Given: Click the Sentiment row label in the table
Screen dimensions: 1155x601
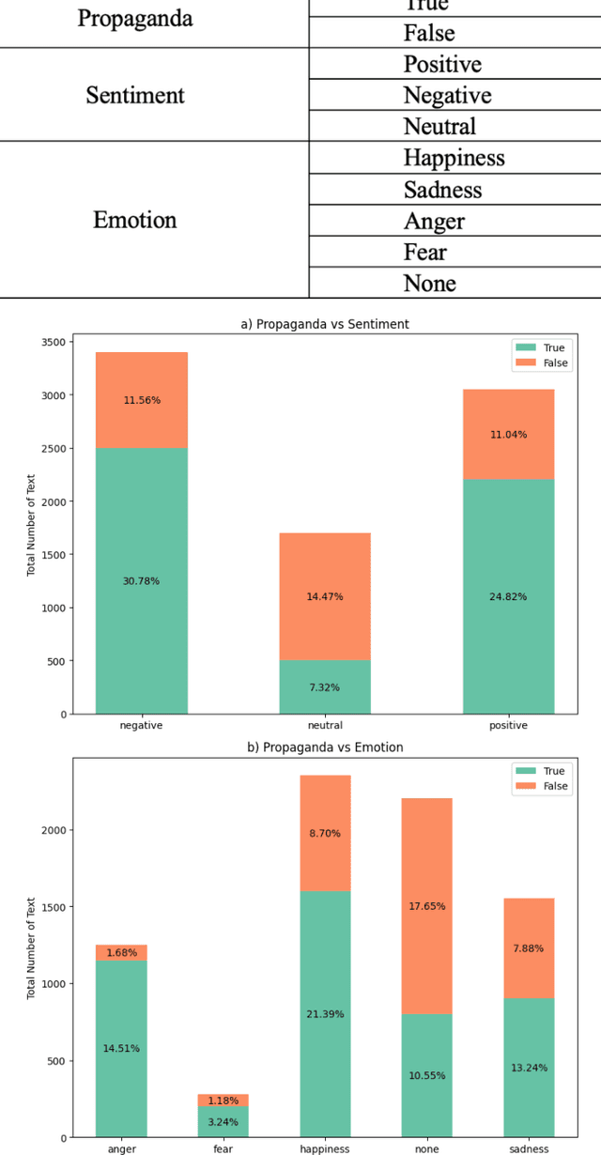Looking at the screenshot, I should coord(135,95).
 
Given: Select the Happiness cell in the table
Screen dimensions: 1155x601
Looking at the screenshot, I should coord(454,158).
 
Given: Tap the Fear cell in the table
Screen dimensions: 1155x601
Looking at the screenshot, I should coord(424,252).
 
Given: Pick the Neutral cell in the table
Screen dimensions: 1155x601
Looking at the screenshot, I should coord(439,127).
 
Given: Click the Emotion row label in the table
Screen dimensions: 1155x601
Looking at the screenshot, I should coord(135,220).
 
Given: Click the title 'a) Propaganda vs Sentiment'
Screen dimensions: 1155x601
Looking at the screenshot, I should coord(325,324).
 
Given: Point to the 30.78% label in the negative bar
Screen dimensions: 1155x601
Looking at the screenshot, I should coord(141,581).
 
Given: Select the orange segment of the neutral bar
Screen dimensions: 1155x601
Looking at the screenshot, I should coord(325,596).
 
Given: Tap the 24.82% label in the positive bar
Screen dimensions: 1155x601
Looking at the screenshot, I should coord(508,596).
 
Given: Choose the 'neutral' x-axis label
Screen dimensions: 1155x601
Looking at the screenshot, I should coord(325,725).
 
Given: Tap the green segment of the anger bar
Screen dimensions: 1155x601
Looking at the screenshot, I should coord(121,1049).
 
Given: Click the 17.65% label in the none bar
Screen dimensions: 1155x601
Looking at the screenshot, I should coord(427,906).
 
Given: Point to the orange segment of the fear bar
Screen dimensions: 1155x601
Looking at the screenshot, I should coord(223,1101).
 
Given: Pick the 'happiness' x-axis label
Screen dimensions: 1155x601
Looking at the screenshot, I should coord(325,1148).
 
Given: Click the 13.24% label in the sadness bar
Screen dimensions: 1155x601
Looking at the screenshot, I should coord(530,1068).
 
